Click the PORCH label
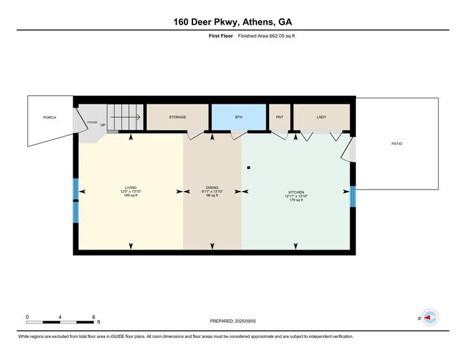tap(49, 117)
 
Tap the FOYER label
tap(92, 122)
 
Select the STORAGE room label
tap(177, 117)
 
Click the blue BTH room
tap(239, 117)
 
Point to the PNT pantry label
tap(280, 117)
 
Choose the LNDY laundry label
tap(322, 117)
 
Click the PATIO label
tap(397, 144)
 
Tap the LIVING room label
tap(130, 188)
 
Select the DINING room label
tap(212, 188)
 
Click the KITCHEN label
tap(297, 192)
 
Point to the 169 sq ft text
tap(130, 196)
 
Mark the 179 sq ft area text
tap(297, 200)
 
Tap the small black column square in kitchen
tap(248, 168)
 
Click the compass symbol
tap(429, 318)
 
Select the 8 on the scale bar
tap(94, 317)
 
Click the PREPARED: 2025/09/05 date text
tap(232, 321)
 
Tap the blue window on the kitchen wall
tap(353, 196)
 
